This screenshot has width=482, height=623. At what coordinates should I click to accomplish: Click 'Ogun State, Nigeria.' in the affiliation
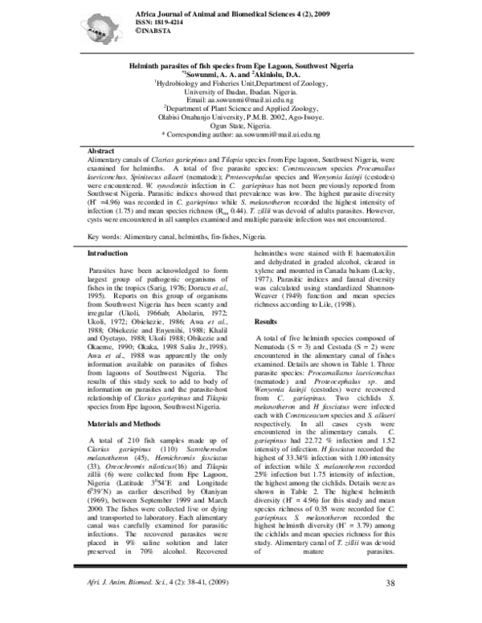point(241,126)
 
